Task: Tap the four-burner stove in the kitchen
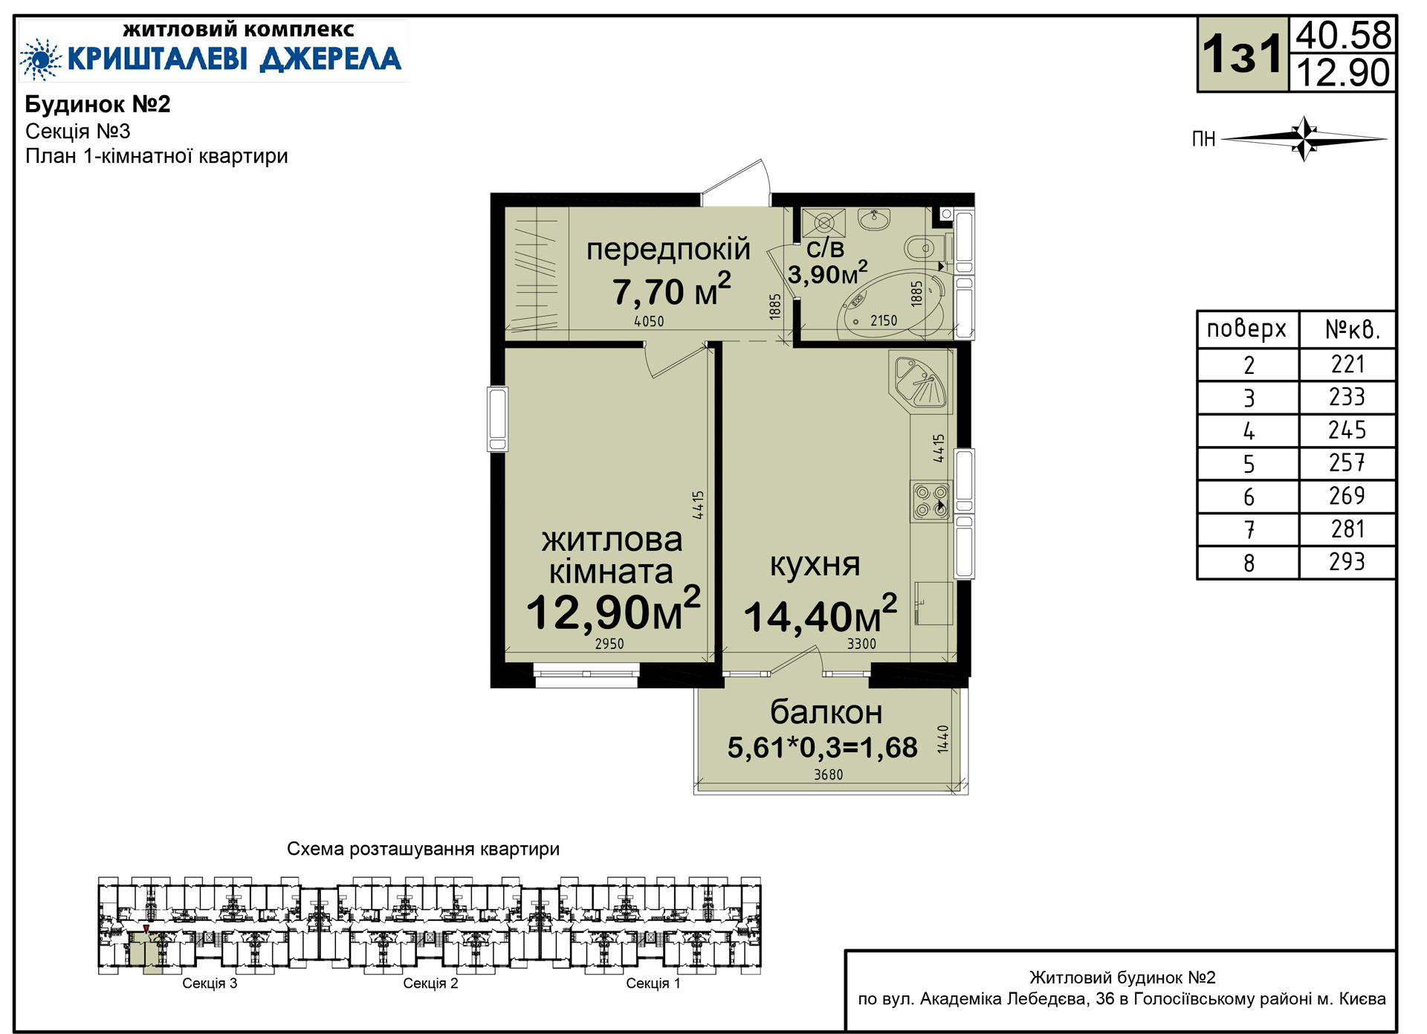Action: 931,500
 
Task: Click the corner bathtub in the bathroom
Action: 892,305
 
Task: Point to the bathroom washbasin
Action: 874,219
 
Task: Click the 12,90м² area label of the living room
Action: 613,611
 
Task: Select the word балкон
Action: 826,712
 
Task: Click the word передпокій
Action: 668,250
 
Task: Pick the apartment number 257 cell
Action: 1347,463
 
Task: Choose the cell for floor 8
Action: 1249,563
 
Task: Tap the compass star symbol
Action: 1304,138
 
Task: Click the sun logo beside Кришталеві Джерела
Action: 40,59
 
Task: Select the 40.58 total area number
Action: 1343,35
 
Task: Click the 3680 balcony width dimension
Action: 828,775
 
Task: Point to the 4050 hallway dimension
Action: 649,321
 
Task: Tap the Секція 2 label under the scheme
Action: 430,983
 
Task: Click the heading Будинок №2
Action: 98,104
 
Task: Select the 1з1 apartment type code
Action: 1243,54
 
